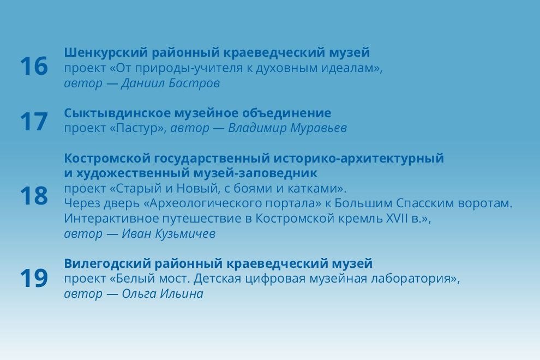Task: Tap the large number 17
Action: click(x=34, y=122)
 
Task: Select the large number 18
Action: click(x=34, y=196)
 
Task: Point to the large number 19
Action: click(x=34, y=279)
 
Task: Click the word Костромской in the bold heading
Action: click(x=103, y=159)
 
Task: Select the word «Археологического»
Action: click(x=202, y=203)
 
